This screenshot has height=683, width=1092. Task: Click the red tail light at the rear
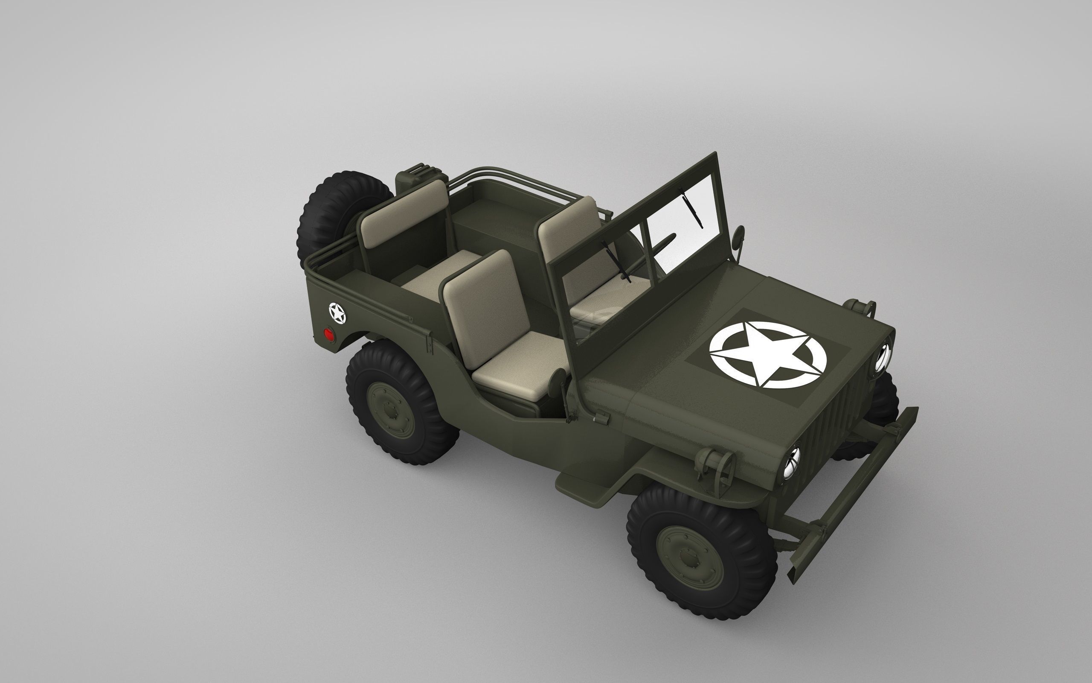(328, 335)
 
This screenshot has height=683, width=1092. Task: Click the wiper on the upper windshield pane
(693, 208)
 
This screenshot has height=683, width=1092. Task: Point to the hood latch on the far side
(861, 308)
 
